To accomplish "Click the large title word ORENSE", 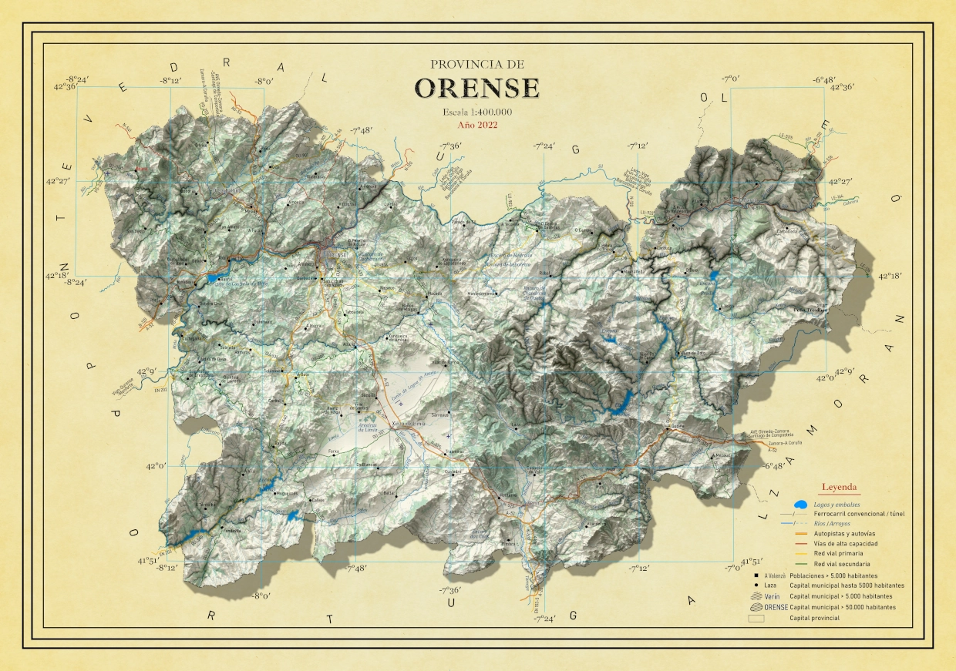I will point(477,87).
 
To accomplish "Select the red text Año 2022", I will point(477,125).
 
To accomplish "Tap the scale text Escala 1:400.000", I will point(477,112).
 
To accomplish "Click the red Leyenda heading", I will point(840,487).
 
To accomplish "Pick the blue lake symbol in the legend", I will point(801,505).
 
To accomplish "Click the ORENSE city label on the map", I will point(337,254).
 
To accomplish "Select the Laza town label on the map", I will point(516,425).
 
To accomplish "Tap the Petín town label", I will point(678,229).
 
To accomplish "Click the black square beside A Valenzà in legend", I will point(749,575).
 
